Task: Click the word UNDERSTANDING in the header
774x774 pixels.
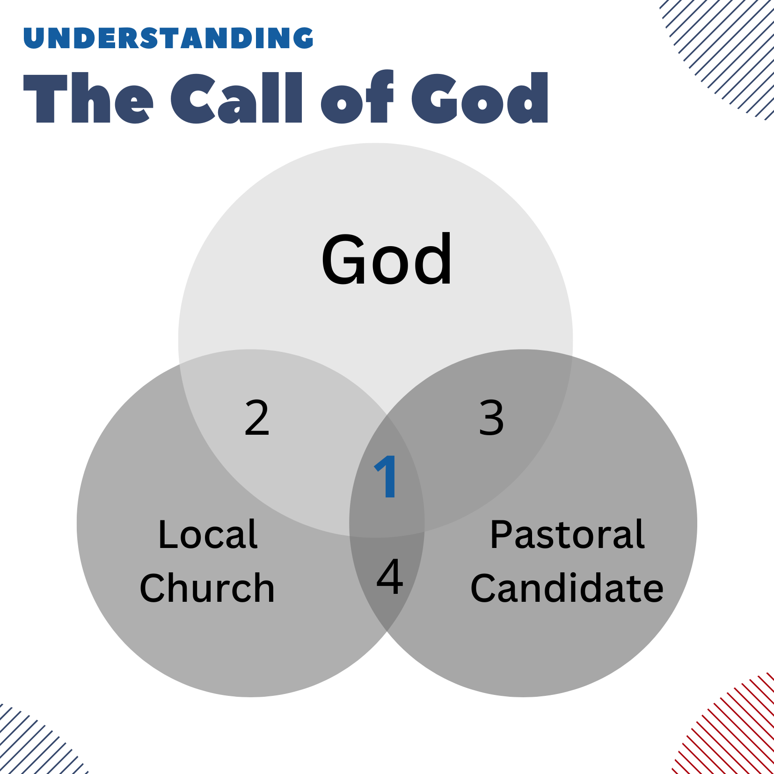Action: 168,38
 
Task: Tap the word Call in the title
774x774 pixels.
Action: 237,98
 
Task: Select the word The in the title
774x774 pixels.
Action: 88,98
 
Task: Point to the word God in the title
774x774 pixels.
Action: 480,98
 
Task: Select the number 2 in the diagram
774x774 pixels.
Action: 257,417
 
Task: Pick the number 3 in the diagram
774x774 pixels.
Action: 491,417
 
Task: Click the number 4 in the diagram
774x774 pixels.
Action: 389,577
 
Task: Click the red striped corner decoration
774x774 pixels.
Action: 730,730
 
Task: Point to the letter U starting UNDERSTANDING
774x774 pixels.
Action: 34,38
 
